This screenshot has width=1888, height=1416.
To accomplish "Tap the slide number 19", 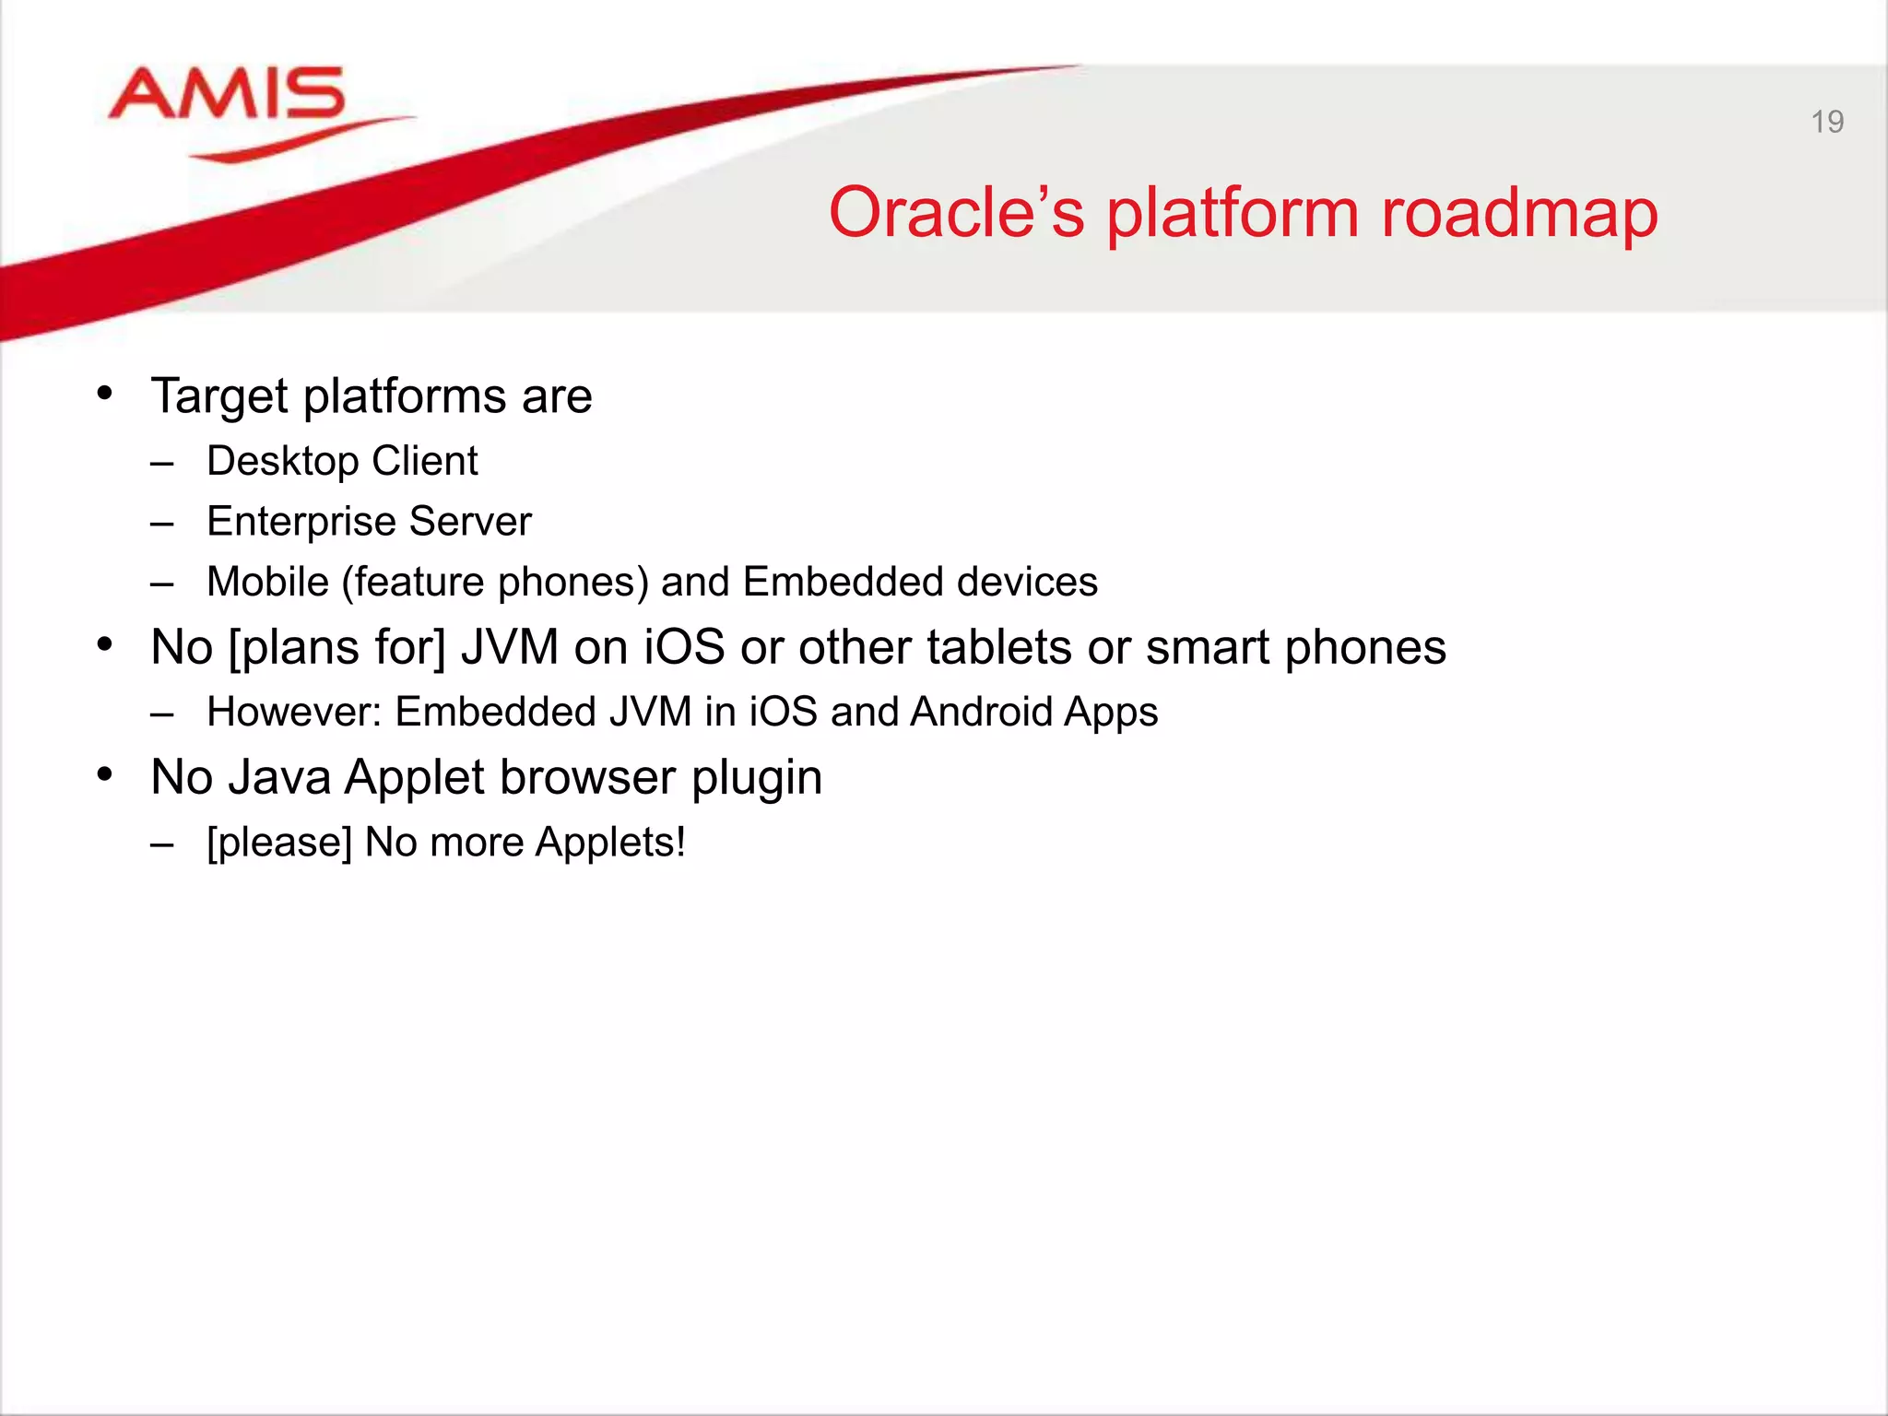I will point(1826,122).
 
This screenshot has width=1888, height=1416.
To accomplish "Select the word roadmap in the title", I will point(1518,213).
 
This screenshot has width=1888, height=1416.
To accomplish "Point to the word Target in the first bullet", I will point(220,396).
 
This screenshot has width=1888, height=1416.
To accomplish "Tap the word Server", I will point(470,522).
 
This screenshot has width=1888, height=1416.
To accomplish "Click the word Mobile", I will point(267,583).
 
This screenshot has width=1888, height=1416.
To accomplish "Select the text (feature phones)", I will point(495,583).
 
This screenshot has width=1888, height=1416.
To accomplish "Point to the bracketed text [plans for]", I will point(336,647).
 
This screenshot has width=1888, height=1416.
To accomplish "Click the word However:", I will point(294,713).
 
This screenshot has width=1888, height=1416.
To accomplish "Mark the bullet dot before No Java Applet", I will point(105,775).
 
